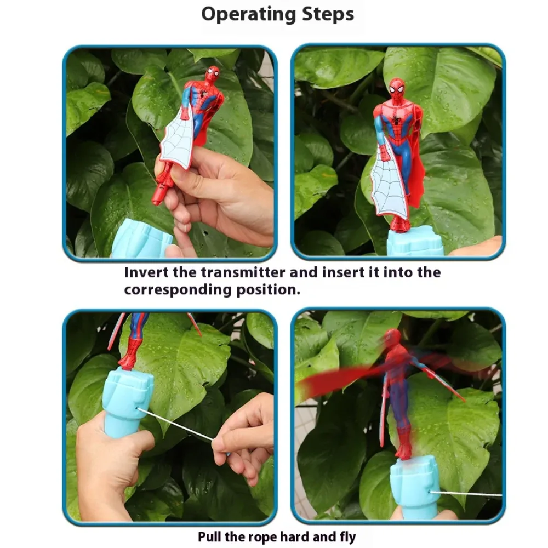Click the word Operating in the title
pos(249,15)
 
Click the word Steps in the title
pos(328,15)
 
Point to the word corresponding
pos(178,290)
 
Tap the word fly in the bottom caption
pos(348,537)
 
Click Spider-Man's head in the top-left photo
pos(212,74)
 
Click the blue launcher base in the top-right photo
pos(415,241)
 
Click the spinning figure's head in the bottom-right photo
pos(392,338)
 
